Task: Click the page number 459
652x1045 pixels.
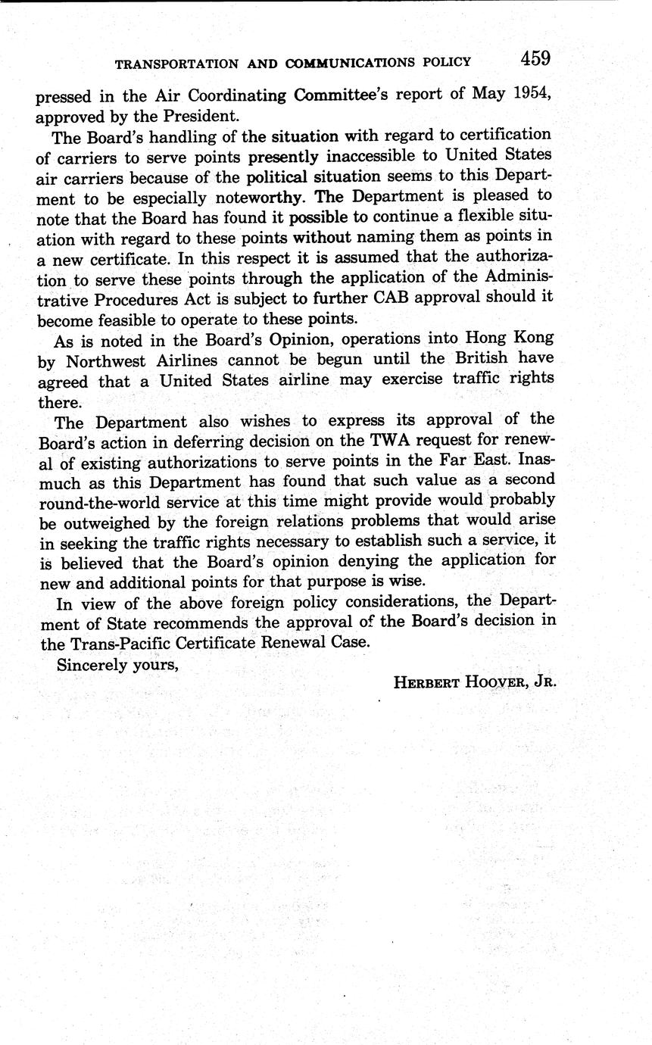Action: click(x=535, y=58)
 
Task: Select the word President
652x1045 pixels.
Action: click(x=204, y=117)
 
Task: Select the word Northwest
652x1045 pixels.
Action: click(x=105, y=359)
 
